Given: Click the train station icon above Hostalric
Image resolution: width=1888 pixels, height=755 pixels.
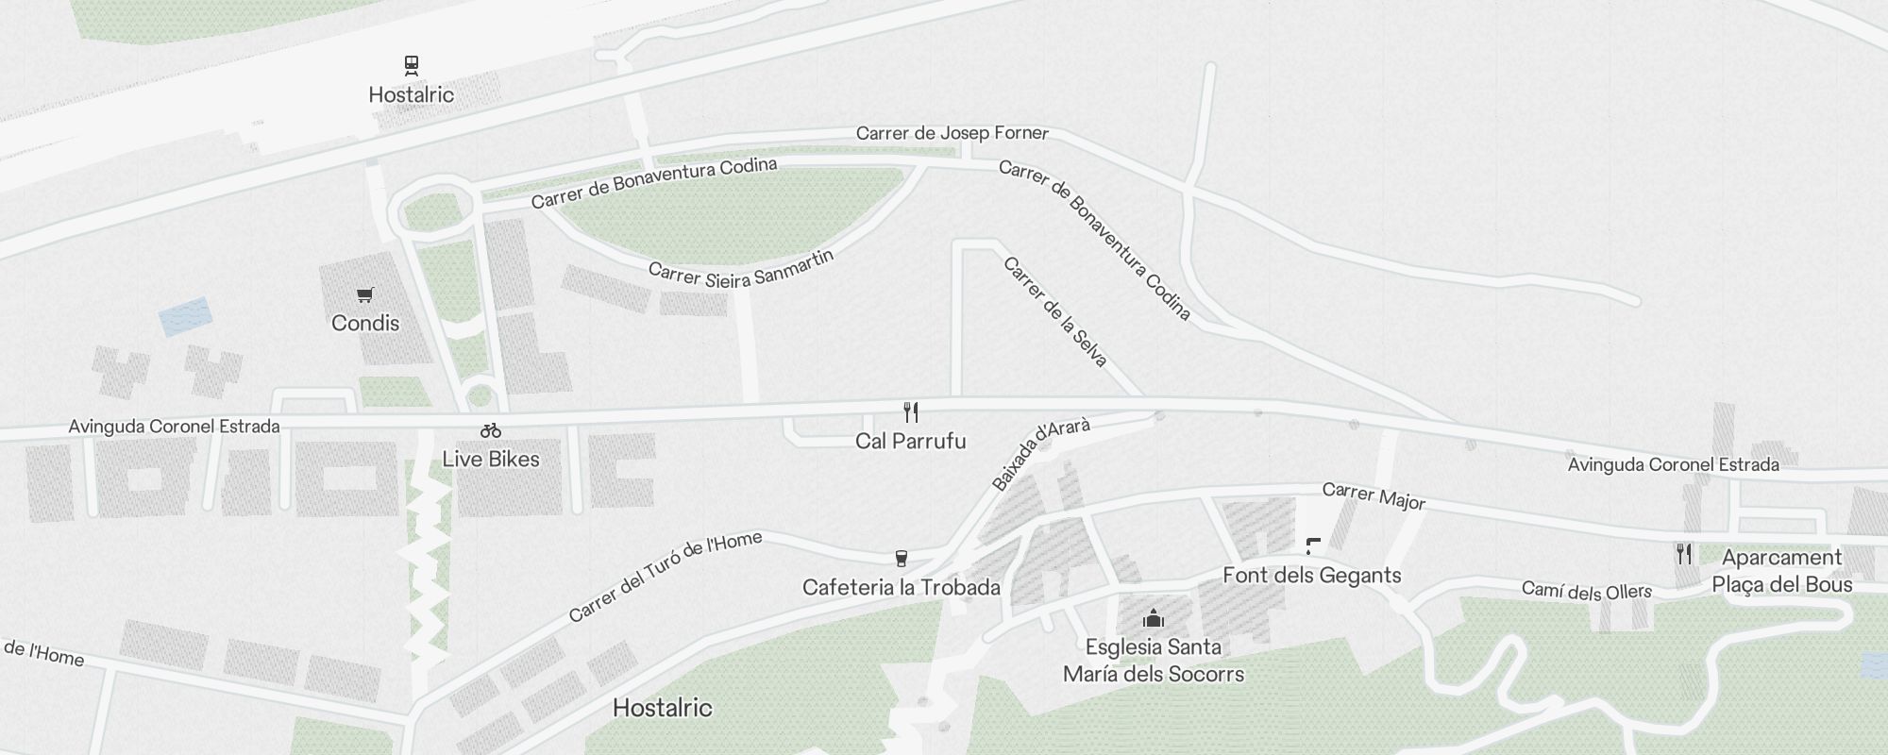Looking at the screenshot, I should pos(411,65).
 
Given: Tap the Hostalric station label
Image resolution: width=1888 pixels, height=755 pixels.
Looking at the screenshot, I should pos(411,94).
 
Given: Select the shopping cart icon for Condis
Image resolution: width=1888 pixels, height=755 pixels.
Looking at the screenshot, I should pos(365,294).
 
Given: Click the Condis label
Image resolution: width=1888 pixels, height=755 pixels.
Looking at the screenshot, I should pos(365,323).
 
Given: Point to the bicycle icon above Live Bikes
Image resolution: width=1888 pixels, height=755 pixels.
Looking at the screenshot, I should pos(491,430).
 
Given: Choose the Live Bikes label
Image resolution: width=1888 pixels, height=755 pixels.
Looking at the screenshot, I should pos(491,459).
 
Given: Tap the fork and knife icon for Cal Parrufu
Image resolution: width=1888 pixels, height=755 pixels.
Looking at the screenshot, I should pos(911,412).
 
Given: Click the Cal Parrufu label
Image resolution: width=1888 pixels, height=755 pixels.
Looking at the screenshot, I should pos(911,441).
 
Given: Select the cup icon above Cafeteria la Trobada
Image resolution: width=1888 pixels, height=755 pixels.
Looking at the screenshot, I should pos(902,559).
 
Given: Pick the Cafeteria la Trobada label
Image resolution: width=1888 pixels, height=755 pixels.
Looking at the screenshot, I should pos(902,587).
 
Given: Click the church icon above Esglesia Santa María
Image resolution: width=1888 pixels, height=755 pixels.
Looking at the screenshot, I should pos(1153,619).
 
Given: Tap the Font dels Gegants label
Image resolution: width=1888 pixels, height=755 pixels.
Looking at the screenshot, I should pos(1311,575).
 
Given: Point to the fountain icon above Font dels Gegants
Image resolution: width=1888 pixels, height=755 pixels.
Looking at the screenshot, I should pos(1312,545).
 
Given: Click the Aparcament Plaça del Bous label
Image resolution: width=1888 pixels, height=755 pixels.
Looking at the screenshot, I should pos(1781,571).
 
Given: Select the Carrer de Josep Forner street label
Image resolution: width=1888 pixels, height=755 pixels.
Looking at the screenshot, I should pos(952,133).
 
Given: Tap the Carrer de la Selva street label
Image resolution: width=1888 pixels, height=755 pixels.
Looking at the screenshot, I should pos(1055,311).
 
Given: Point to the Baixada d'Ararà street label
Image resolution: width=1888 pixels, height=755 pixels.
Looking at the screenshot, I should pos(1041,454).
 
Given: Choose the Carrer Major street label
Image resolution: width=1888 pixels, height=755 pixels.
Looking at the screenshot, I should pos(1374,496).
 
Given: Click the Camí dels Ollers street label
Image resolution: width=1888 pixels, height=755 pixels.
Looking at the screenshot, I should pos(1586,591).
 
